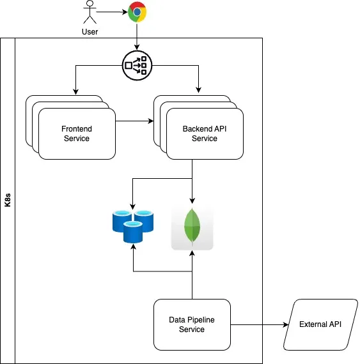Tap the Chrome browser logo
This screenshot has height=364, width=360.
coord(136,11)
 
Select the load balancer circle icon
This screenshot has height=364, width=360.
coord(136,64)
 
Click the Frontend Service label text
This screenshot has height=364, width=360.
coord(77,133)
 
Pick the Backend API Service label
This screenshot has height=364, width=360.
coord(205,133)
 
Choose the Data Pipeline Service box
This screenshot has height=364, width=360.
coord(192,324)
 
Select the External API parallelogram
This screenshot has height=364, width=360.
coord(320,324)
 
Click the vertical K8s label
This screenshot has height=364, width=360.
coord(7,199)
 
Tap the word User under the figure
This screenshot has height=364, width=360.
coord(90,32)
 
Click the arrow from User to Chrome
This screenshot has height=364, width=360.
coord(114,11)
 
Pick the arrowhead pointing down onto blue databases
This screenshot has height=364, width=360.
coord(133,208)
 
